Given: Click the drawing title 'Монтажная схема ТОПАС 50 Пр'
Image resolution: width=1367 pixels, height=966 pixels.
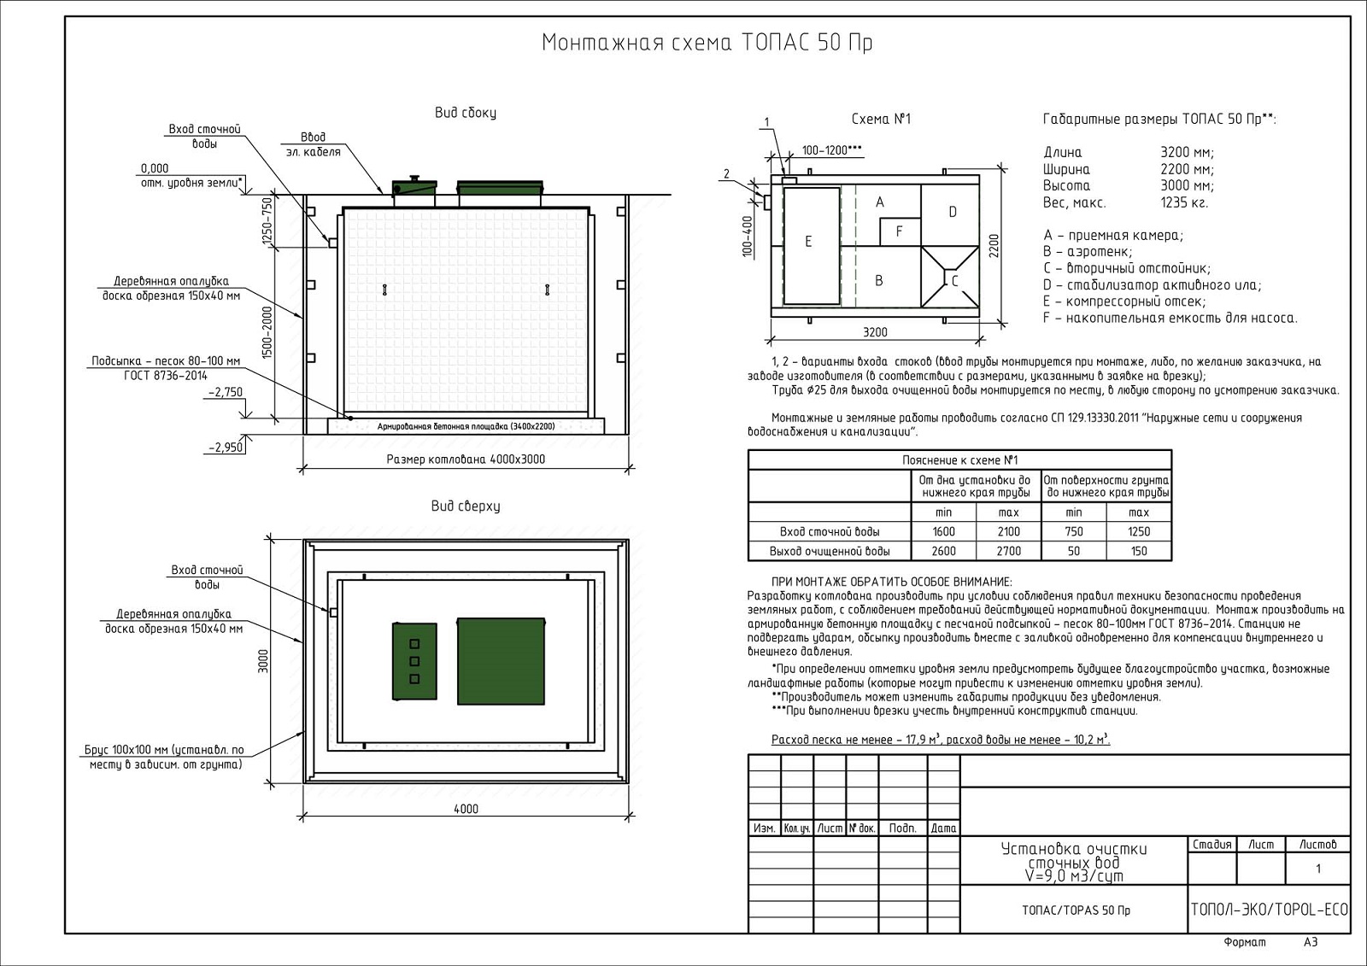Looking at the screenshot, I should point(707,43).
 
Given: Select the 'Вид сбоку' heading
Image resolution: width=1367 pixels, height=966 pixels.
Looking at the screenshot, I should point(465,113).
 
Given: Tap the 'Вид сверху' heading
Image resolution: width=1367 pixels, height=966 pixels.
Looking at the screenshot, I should point(466,506).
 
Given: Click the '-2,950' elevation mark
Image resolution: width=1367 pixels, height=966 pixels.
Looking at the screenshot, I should point(225,447).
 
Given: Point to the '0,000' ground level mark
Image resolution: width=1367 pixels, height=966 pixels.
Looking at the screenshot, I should point(155,168).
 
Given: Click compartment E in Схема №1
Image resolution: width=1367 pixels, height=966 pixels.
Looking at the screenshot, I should point(808,242).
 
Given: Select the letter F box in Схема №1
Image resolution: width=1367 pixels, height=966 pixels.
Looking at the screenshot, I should point(899,231).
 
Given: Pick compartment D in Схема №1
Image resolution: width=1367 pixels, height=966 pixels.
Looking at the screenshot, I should point(952,212).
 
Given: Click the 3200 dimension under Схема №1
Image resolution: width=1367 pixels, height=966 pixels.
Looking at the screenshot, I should point(875,332).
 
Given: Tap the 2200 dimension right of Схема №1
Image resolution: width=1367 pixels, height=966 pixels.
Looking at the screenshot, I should point(994,246).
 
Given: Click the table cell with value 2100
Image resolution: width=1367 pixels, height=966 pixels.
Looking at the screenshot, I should point(1008,531).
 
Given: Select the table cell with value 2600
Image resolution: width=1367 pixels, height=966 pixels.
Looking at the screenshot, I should point(943,551).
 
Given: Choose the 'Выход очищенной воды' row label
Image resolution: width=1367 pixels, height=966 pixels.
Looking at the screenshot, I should point(829,551).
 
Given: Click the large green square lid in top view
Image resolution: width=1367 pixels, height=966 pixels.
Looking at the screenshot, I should point(501,660).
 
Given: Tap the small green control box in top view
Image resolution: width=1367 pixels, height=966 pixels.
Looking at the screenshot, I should point(414,661).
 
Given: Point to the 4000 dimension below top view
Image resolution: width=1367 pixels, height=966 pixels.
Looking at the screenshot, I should point(466,809).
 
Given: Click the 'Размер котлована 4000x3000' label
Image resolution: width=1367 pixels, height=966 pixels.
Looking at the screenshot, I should point(466,460).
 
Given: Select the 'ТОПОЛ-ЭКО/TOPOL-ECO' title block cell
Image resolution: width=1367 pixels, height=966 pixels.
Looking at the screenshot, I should point(1269,910).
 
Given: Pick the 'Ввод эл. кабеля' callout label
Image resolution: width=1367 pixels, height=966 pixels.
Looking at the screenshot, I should point(314,144).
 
